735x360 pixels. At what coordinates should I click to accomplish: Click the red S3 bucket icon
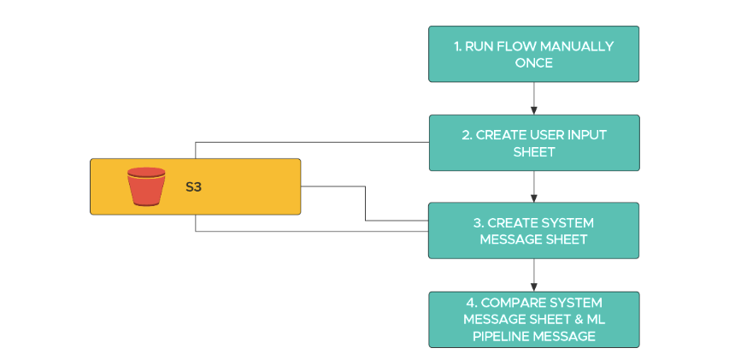(x=146, y=186)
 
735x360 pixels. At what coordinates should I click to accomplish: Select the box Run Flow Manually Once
(x=533, y=54)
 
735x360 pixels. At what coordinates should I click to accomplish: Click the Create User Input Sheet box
(x=533, y=143)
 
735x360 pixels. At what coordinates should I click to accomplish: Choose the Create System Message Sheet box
(x=533, y=231)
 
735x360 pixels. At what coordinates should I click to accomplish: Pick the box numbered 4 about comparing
(x=533, y=319)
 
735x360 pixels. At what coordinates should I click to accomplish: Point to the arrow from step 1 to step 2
(x=534, y=98)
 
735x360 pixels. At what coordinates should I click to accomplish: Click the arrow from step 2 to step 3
(x=534, y=186)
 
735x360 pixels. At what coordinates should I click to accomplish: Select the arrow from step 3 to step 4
(x=534, y=274)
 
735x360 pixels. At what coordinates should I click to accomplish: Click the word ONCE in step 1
(x=533, y=62)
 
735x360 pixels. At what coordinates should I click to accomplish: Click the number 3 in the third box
(x=478, y=223)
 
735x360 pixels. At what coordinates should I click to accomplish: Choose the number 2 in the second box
(x=467, y=134)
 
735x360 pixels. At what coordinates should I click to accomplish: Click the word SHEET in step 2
(x=533, y=151)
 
